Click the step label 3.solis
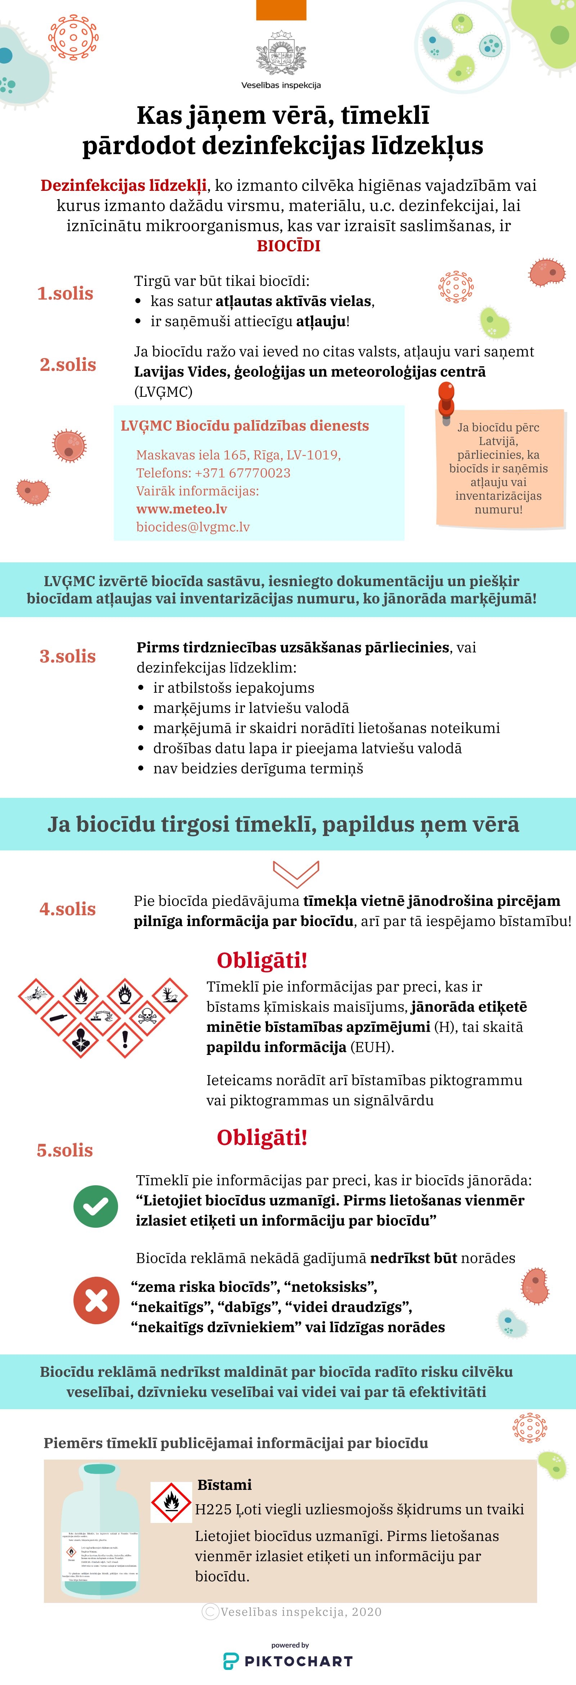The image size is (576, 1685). (x=67, y=656)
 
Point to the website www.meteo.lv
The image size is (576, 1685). (x=182, y=509)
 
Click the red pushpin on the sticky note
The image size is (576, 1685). (x=446, y=398)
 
